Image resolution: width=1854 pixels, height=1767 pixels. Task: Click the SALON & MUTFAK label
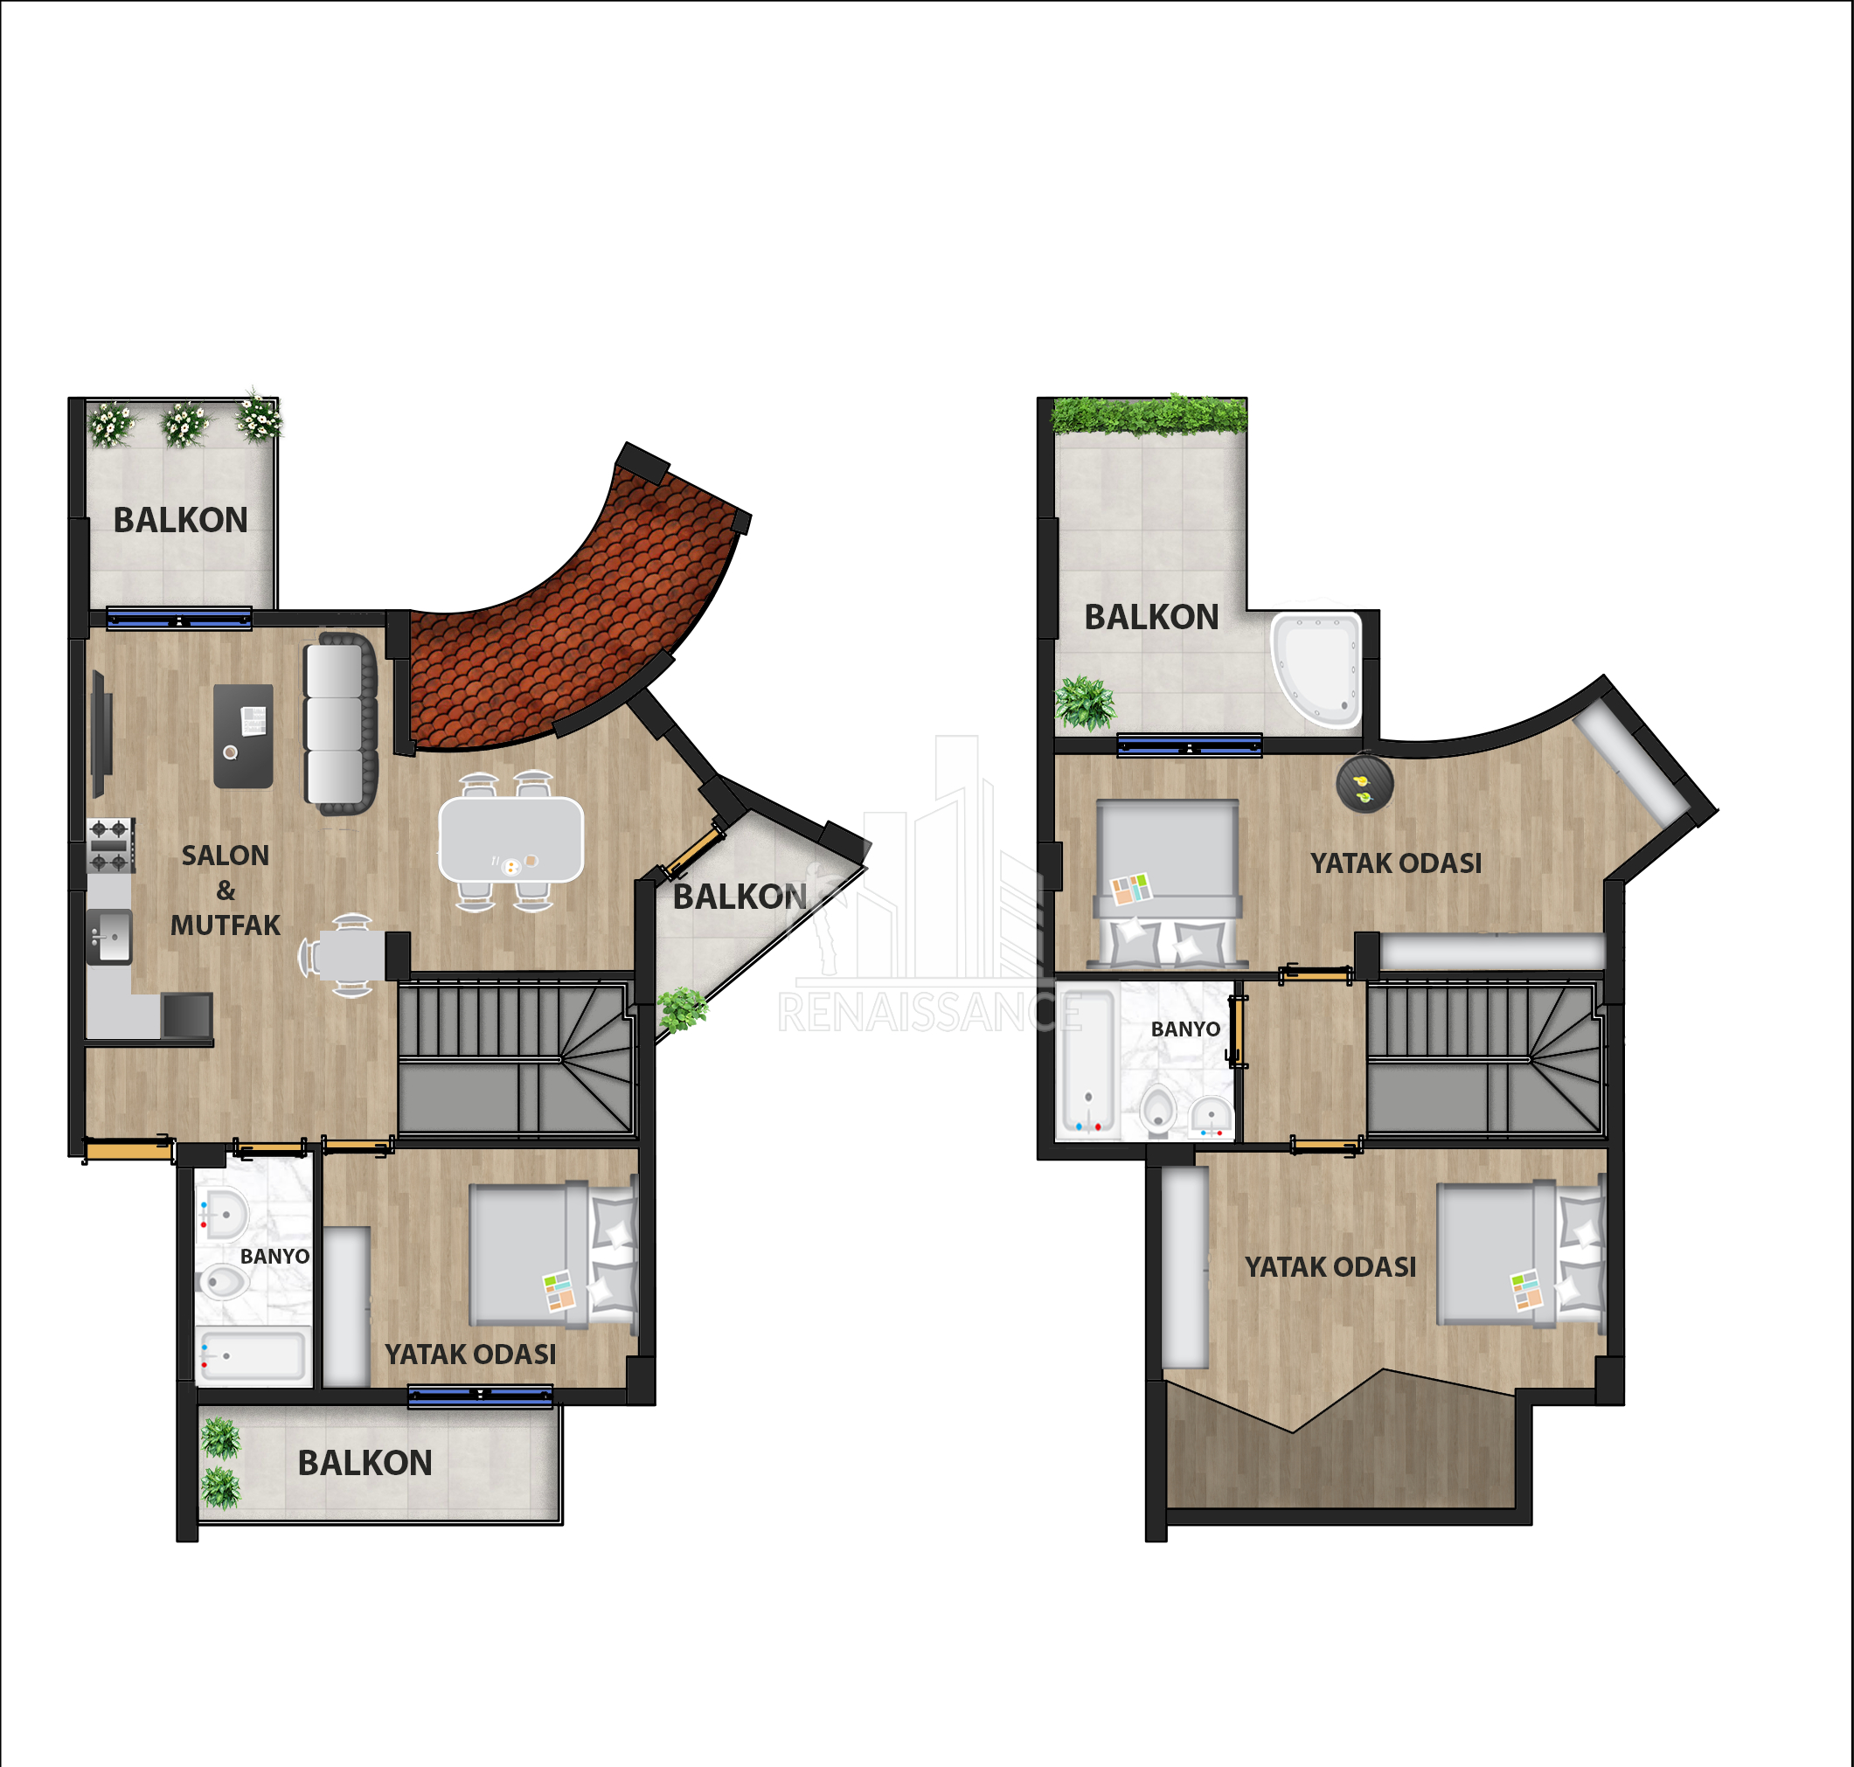226,890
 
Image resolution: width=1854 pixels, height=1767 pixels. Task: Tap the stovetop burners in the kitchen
110,845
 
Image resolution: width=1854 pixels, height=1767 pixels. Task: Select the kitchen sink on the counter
109,936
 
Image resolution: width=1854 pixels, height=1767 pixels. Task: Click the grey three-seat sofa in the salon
340,724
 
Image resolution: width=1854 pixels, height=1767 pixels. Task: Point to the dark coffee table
243,736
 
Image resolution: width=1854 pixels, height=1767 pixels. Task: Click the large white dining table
511,839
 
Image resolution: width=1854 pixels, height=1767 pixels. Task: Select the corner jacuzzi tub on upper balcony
1317,669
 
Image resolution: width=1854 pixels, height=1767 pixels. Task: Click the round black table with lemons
1364,783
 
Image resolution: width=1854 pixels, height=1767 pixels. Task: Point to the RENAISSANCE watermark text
930,1013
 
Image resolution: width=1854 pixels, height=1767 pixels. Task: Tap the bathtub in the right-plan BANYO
1087,1060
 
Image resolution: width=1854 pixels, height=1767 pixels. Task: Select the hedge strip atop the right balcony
1149,415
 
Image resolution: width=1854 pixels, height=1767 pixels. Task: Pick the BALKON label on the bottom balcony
365,1463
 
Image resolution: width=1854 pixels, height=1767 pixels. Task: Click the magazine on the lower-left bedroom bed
559,1291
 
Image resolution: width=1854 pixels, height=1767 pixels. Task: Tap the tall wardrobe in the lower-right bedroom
1185,1267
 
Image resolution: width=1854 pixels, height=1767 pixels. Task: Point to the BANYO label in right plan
1185,1029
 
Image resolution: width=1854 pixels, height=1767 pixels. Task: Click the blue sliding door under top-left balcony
179,618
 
